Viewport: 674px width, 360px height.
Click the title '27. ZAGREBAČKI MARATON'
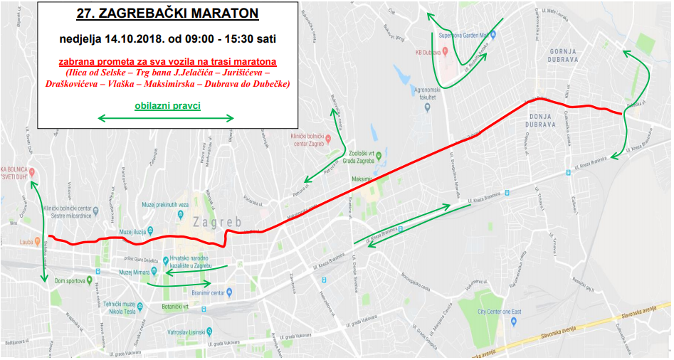tap(168, 13)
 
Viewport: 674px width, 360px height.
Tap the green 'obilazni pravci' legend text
tap(167, 106)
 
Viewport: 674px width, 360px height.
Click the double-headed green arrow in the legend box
tap(165, 118)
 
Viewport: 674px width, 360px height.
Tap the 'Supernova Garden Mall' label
tap(463, 34)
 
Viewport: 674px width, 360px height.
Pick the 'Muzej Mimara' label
tap(135, 272)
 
